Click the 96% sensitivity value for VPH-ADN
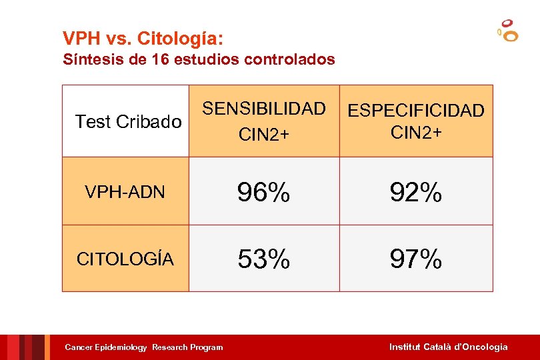pyautogui.click(x=264, y=193)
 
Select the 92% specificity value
pyautogui.click(x=416, y=193)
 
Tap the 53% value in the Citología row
pyautogui.click(x=264, y=259)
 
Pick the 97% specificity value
pyautogui.click(x=416, y=259)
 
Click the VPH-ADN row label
pyautogui.click(x=125, y=193)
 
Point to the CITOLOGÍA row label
pyautogui.click(x=125, y=259)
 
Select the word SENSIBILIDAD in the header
pyautogui.click(x=264, y=109)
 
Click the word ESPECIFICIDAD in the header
pyautogui.click(x=416, y=111)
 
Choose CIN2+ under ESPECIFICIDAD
pyautogui.click(x=416, y=132)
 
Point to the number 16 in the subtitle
pyautogui.click(x=159, y=59)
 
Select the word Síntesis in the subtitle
pyautogui.click(x=89, y=59)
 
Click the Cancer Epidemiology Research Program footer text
pyautogui.click(x=143, y=347)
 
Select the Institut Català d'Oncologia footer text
pyautogui.click(x=448, y=347)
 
